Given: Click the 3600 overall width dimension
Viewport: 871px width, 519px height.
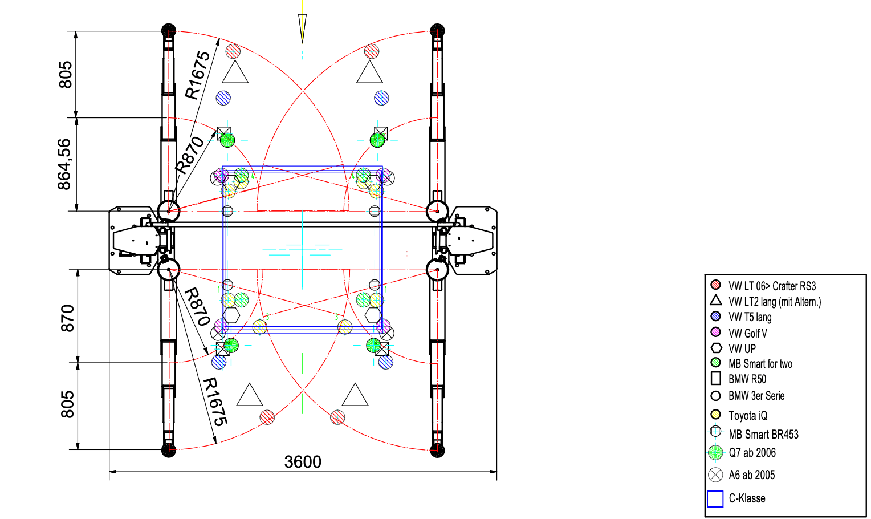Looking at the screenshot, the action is (303, 462).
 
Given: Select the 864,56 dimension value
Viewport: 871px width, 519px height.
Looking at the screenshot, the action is (64, 164).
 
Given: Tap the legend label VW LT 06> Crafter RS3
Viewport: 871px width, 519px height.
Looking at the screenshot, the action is (772, 286).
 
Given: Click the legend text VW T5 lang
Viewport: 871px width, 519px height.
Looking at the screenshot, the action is (750, 317).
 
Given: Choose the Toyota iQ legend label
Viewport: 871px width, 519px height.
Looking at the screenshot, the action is (748, 416).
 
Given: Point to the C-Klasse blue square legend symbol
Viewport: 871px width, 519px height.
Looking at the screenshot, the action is (715, 499).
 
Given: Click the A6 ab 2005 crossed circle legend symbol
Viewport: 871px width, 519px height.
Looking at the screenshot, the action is (715, 475).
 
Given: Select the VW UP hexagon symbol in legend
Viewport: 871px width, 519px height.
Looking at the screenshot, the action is (716, 348).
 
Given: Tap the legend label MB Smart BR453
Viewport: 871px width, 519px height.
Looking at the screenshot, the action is (763, 434).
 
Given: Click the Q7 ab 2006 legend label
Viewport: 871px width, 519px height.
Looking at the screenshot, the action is (752, 452).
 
